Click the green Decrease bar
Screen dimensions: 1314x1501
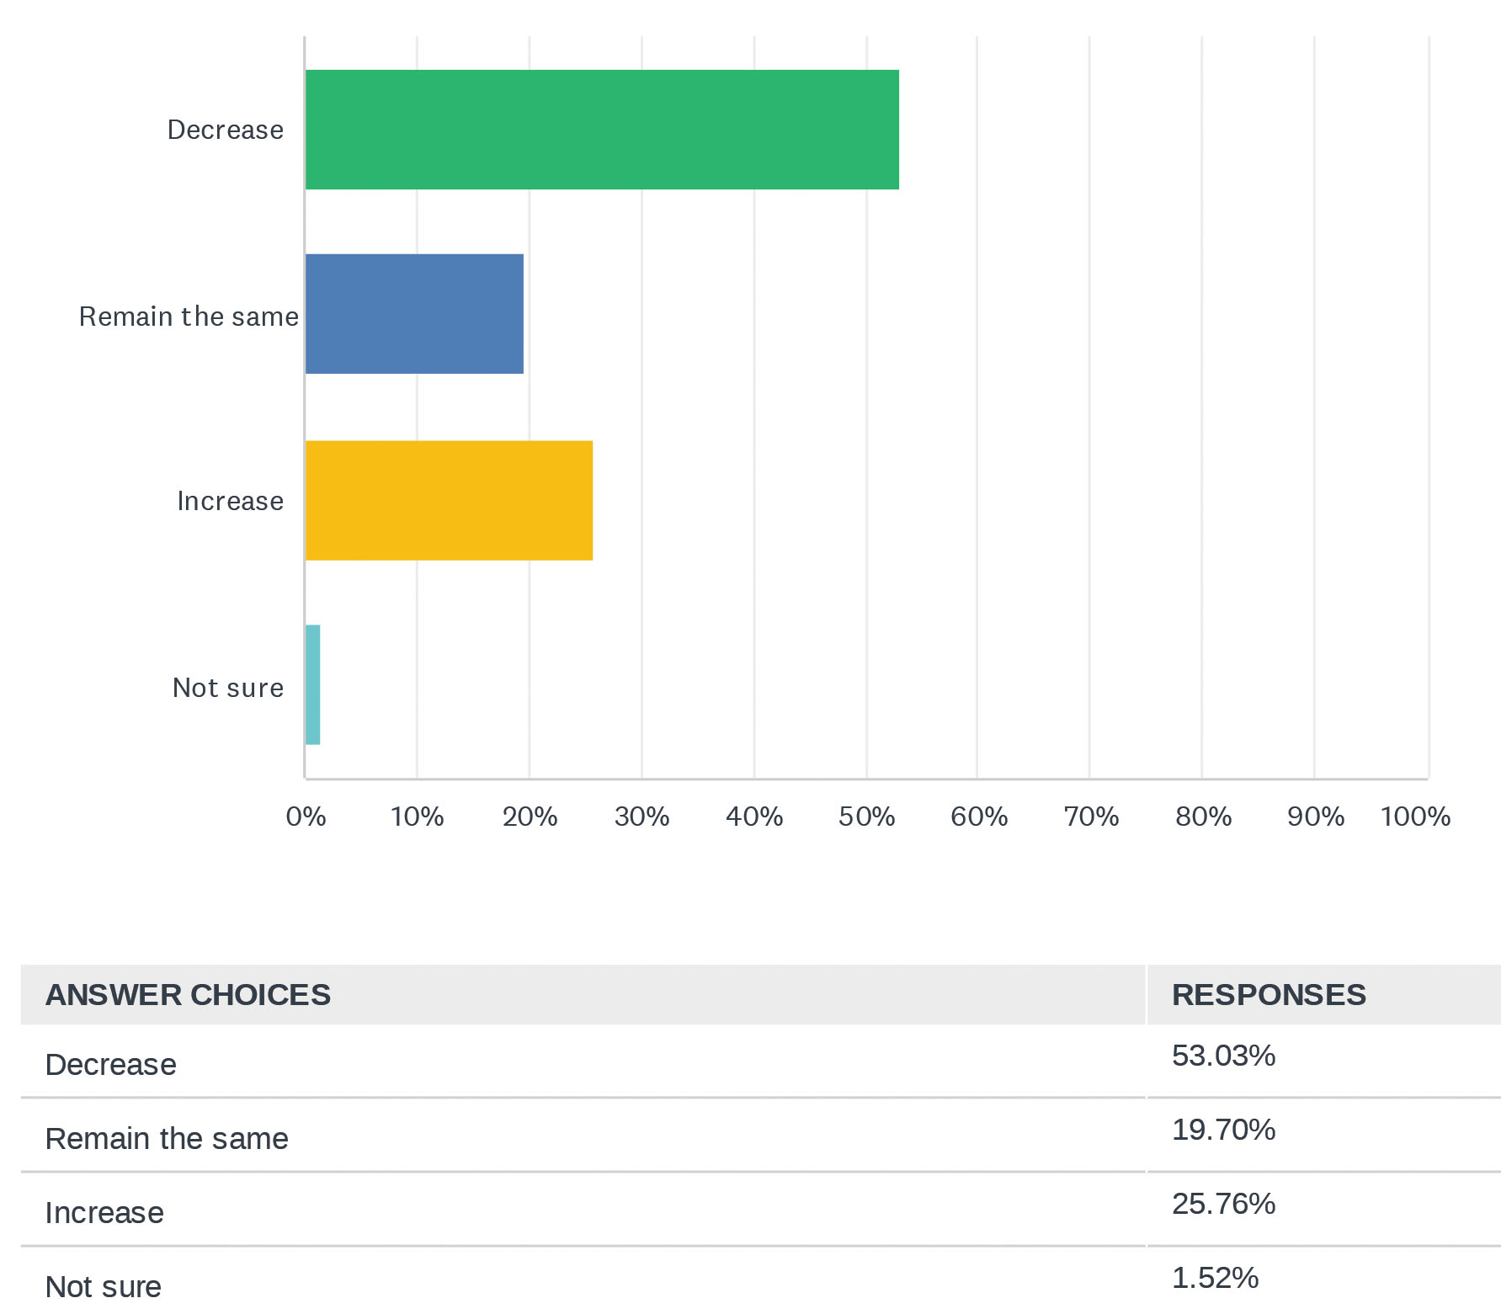click(x=601, y=130)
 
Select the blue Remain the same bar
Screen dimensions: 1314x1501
click(x=414, y=314)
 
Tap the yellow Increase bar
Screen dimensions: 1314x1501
click(x=449, y=500)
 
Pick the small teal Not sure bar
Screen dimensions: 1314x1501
click(x=312, y=684)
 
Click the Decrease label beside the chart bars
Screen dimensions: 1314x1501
click(x=226, y=130)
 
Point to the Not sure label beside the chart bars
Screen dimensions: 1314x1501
click(x=228, y=688)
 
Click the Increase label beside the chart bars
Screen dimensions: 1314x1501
click(x=231, y=501)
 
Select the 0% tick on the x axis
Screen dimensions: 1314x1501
click(x=306, y=817)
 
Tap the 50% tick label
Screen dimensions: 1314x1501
click(x=866, y=817)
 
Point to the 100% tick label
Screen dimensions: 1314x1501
click(x=1415, y=817)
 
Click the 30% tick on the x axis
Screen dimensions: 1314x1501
click(x=641, y=817)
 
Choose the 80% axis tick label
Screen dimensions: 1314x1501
click(x=1203, y=817)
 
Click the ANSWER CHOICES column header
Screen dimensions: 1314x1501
click(x=188, y=995)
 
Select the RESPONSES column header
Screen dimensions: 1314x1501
click(x=1269, y=995)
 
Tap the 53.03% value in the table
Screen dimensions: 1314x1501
click(x=1223, y=1056)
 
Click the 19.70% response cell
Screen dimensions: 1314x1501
click(x=1223, y=1130)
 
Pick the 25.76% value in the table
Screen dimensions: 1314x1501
click(x=1223, y=1204)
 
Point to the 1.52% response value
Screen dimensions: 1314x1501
click(x=1215, y=1278)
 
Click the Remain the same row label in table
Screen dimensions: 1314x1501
click(x=167, y=1139)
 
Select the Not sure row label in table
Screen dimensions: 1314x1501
click(x=104, y=1287)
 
